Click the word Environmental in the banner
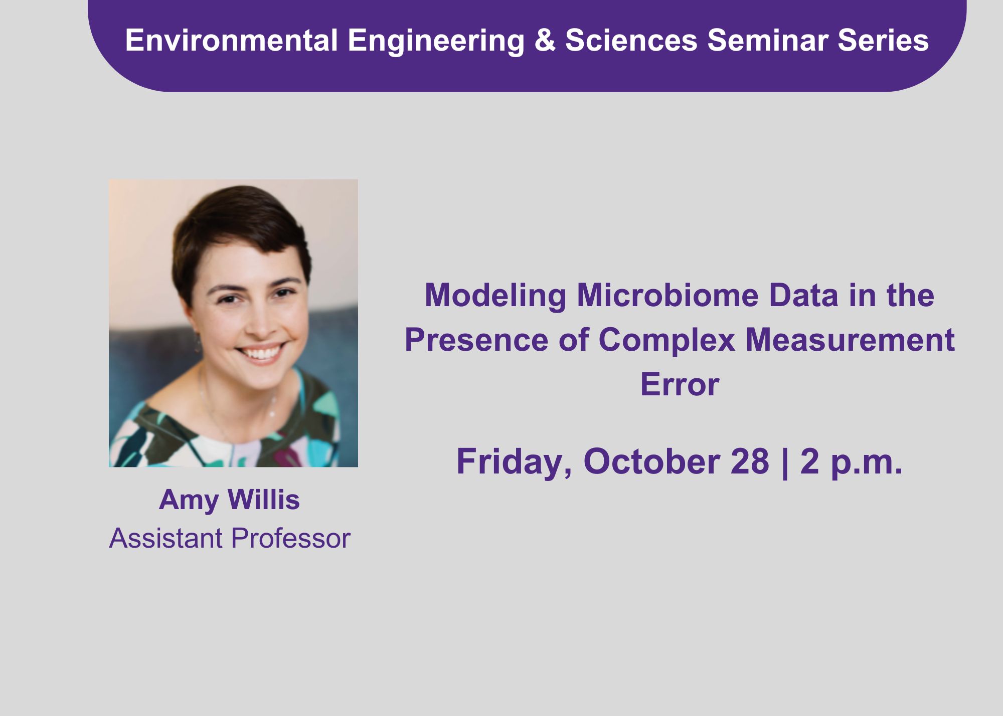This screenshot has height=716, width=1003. pos(231,40)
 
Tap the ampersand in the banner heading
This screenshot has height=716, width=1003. pos(545,40)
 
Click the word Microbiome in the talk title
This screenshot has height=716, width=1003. pos(667,295)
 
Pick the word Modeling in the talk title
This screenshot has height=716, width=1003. pos(495,296)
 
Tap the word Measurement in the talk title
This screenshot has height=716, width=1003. pos(850,340)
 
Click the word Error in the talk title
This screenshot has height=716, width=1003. pos(680,384)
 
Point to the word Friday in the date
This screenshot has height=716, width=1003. pos(514,462)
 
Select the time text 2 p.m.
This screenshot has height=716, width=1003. pos(851,462)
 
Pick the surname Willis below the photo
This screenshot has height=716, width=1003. pos(264,500)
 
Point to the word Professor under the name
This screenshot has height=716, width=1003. pos(291,538)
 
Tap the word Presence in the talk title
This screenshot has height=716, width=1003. pos(476,340)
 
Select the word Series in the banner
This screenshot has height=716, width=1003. pos(883,40)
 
